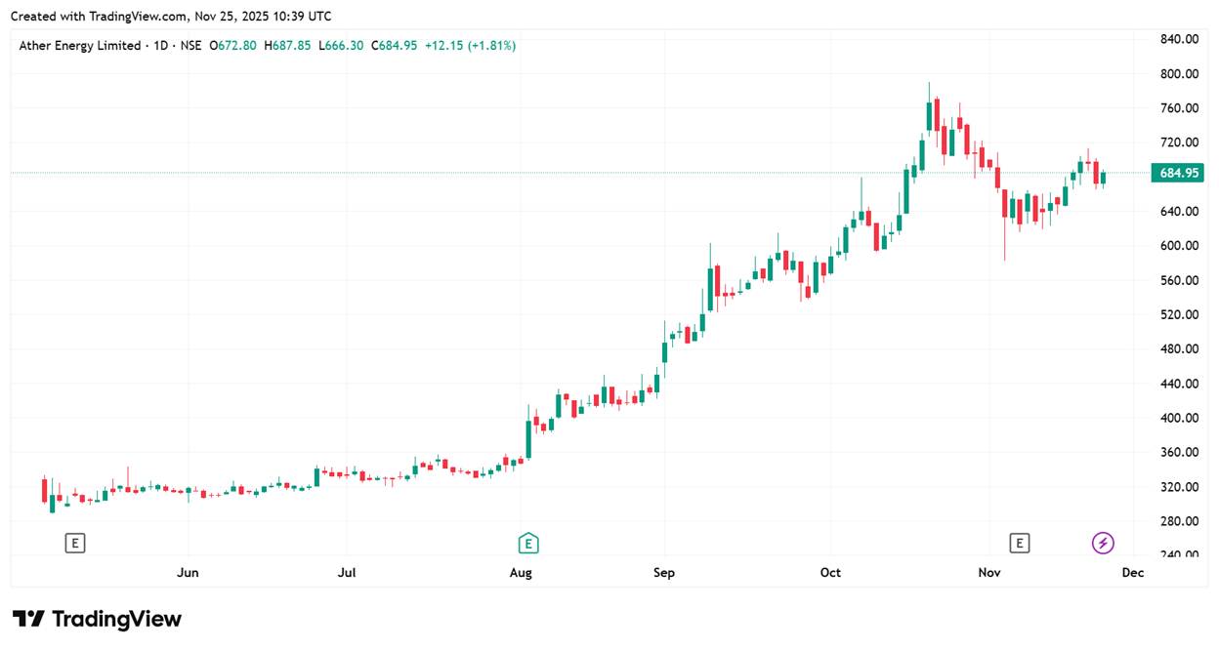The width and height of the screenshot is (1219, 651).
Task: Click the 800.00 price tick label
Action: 1178,73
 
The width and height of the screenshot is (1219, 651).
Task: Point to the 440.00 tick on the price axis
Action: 1178,384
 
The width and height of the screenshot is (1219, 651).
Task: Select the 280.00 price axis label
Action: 1178,521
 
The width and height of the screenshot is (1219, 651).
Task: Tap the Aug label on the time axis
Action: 521,573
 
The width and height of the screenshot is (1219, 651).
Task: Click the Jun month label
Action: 188,573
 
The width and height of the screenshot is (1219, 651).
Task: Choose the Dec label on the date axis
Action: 1133,573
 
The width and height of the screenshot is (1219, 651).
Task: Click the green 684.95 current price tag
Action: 1178,174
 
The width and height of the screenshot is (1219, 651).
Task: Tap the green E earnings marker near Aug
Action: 528,544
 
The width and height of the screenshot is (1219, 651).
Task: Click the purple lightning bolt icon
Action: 1103,544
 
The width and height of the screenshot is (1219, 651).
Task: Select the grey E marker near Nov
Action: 1020,544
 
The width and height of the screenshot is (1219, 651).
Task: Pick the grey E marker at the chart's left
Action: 75,544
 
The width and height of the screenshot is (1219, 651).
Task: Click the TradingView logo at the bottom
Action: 98,619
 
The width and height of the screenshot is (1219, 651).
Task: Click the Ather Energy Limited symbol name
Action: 80,45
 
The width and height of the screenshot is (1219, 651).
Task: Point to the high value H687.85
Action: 285,45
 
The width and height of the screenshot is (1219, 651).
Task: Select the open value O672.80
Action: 232,45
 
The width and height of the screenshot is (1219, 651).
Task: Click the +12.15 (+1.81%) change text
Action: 470,45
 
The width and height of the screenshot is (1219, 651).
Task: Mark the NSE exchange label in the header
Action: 190,45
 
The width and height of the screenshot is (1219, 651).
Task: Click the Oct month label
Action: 830,573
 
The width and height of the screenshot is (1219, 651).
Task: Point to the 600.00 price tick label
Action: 1178,246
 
